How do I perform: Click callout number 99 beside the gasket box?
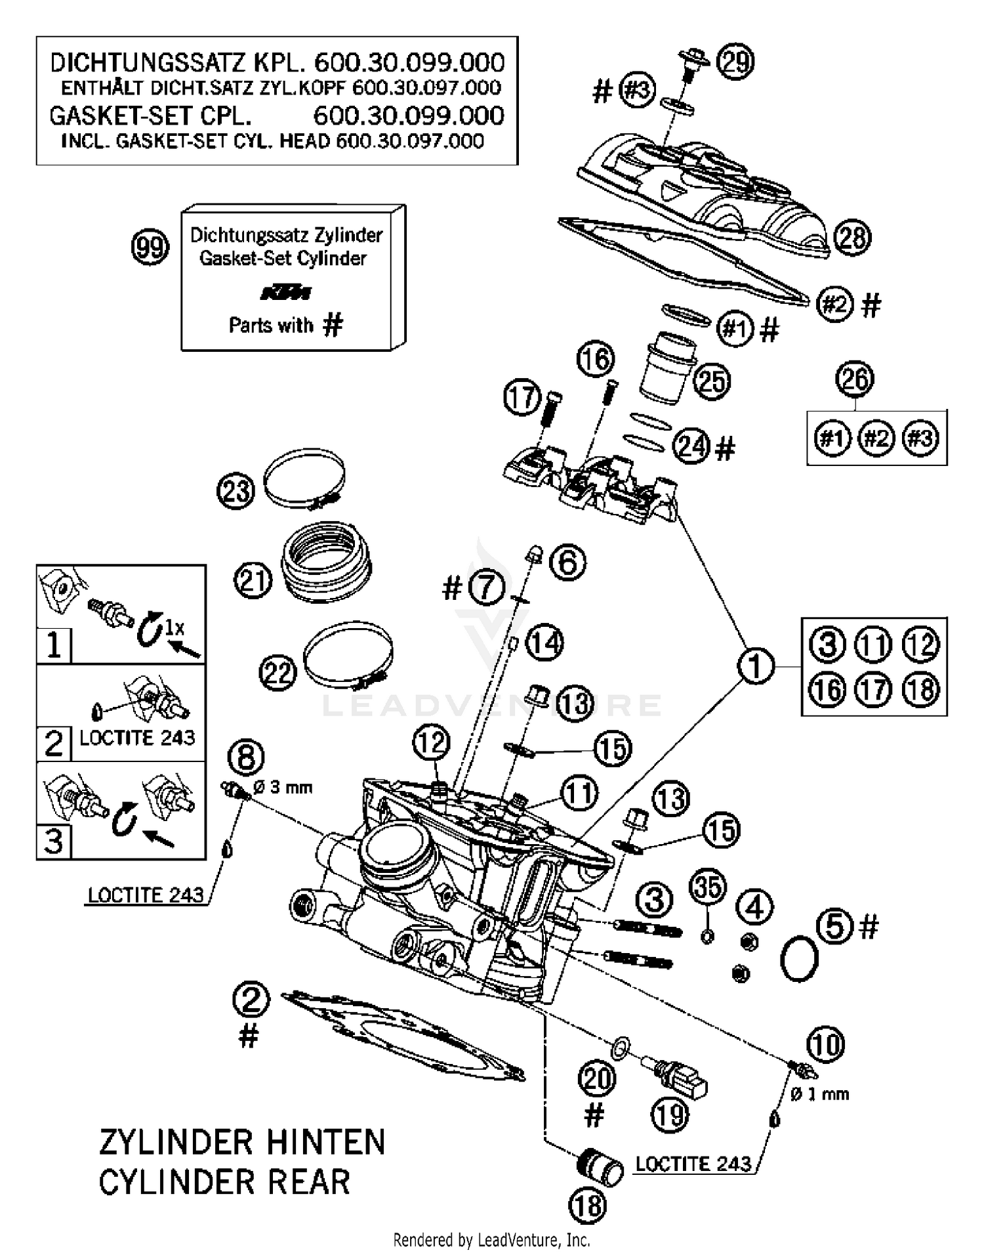click(150, 247)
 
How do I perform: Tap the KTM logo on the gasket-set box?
click(287, 293)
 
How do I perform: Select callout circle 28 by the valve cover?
click(852, 237)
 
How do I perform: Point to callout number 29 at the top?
click(735, 61)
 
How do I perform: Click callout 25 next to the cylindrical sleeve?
click(712, 381)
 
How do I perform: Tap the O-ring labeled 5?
click(799, 959)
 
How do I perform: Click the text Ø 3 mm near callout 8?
click(283, 786)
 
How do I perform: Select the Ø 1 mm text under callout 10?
click(819, 1094)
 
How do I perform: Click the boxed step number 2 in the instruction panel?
click(54, 743)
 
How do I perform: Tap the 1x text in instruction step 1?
click(174, 627)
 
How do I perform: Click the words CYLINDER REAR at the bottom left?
click(224, 1182)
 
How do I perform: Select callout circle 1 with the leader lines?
click(756, 666)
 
